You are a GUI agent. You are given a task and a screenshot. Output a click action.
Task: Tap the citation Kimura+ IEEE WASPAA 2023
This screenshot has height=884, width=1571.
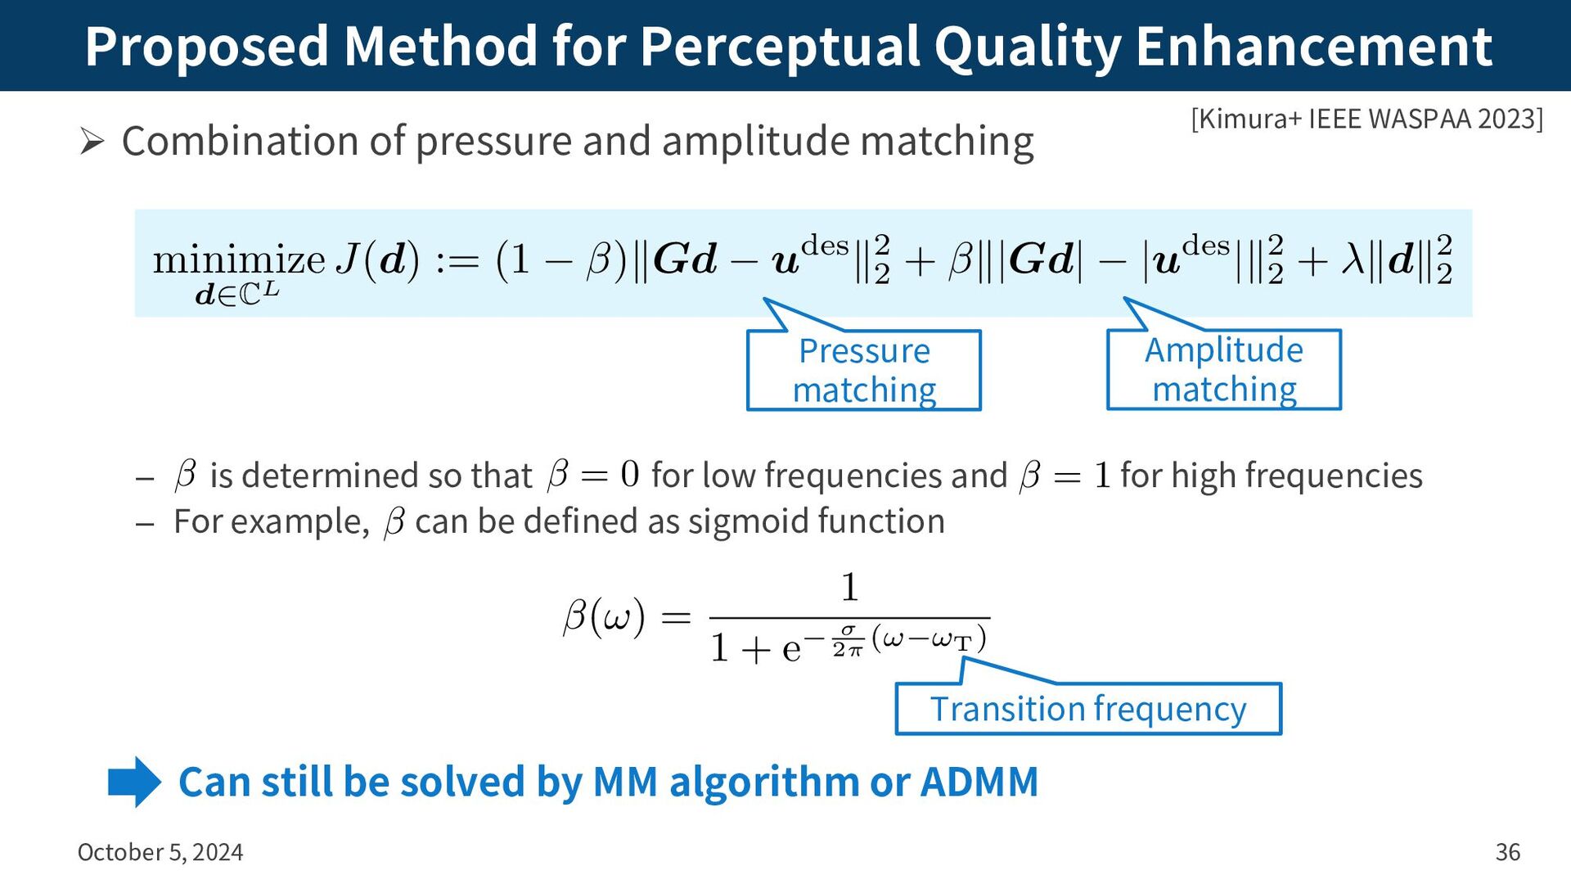point(1366,120)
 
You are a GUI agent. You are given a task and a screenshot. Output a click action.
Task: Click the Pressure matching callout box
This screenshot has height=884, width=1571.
point(864,370)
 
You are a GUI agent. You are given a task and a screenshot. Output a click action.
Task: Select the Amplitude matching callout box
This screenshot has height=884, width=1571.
point(1223,369)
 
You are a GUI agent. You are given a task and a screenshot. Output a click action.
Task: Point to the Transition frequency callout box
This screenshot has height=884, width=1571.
point(1087,709)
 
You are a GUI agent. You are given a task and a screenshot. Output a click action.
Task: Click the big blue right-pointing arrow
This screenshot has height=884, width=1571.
point(135,782)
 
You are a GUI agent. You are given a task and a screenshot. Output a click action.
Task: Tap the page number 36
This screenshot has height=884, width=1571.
point(1507,852)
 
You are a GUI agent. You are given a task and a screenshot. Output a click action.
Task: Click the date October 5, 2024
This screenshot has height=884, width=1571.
point(160,852)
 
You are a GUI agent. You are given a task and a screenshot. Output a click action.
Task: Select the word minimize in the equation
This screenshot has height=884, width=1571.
point(239,260)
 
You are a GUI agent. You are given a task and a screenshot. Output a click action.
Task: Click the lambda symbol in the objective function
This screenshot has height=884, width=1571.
point(1353,260)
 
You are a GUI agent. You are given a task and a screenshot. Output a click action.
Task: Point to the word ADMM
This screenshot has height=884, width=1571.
point(979,782)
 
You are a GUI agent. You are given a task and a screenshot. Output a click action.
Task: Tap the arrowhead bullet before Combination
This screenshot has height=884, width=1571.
point(92,142)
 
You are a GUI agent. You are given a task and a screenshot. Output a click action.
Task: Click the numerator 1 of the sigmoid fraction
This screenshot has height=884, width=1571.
point(850,588)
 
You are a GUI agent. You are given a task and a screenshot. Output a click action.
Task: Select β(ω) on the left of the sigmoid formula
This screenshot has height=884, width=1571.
point(604,617)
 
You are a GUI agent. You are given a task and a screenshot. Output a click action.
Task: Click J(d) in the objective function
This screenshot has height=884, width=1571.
point(378,260)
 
